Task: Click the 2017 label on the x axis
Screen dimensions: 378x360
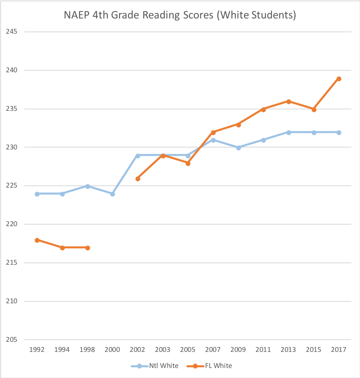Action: [338, 349]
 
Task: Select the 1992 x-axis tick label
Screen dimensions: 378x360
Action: [37, 349]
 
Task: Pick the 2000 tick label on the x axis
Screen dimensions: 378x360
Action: [112, 349]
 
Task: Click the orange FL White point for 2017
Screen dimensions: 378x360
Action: [339, 79]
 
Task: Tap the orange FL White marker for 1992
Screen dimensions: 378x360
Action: [37, 240]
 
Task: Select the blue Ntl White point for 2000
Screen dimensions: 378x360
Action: [113, 194]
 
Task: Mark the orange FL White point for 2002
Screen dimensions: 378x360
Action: [138, 179]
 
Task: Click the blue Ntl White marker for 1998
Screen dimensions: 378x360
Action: [87, 186]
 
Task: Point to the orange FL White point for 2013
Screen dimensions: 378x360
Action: [289, 102]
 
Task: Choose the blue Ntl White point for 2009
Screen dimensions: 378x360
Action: [238, 148]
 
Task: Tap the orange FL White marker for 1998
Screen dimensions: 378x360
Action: [87, 248]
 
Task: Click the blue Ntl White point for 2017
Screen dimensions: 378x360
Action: [339, 133]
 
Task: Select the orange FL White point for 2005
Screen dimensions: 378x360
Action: [188, 163]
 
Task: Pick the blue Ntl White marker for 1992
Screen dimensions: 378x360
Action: [37, 194]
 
